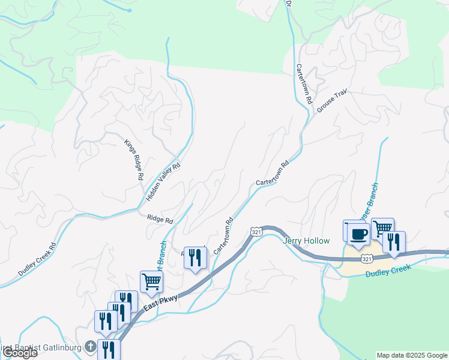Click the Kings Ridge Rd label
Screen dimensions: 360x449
pyautogui.click(x=133, y=160)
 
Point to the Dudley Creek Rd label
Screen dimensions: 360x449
pyautogui.click(x=37, y=259)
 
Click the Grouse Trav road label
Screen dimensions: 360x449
pyautogui.click(x=332, y=102)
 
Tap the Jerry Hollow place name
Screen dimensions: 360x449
pyautogui.click(x=306, y=241)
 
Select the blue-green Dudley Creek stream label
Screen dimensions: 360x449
pyautogui.click(x=388, y=271)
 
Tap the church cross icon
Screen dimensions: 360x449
pyautogui.click(x=90, y=347)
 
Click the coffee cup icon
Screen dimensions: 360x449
pyautogui.click(x=358, y=235)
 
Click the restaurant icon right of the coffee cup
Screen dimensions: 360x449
pyautogui.click(x=394, y=242)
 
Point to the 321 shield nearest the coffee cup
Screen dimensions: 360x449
pyautogui.click(x=366, y=258)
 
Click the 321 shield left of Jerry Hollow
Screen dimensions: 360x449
pyautogui.click(x=256, y=232)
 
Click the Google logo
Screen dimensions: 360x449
pyautogui.click(x=20, y=353)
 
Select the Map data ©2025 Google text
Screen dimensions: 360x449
pyautogui.click(x=412, y=355)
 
